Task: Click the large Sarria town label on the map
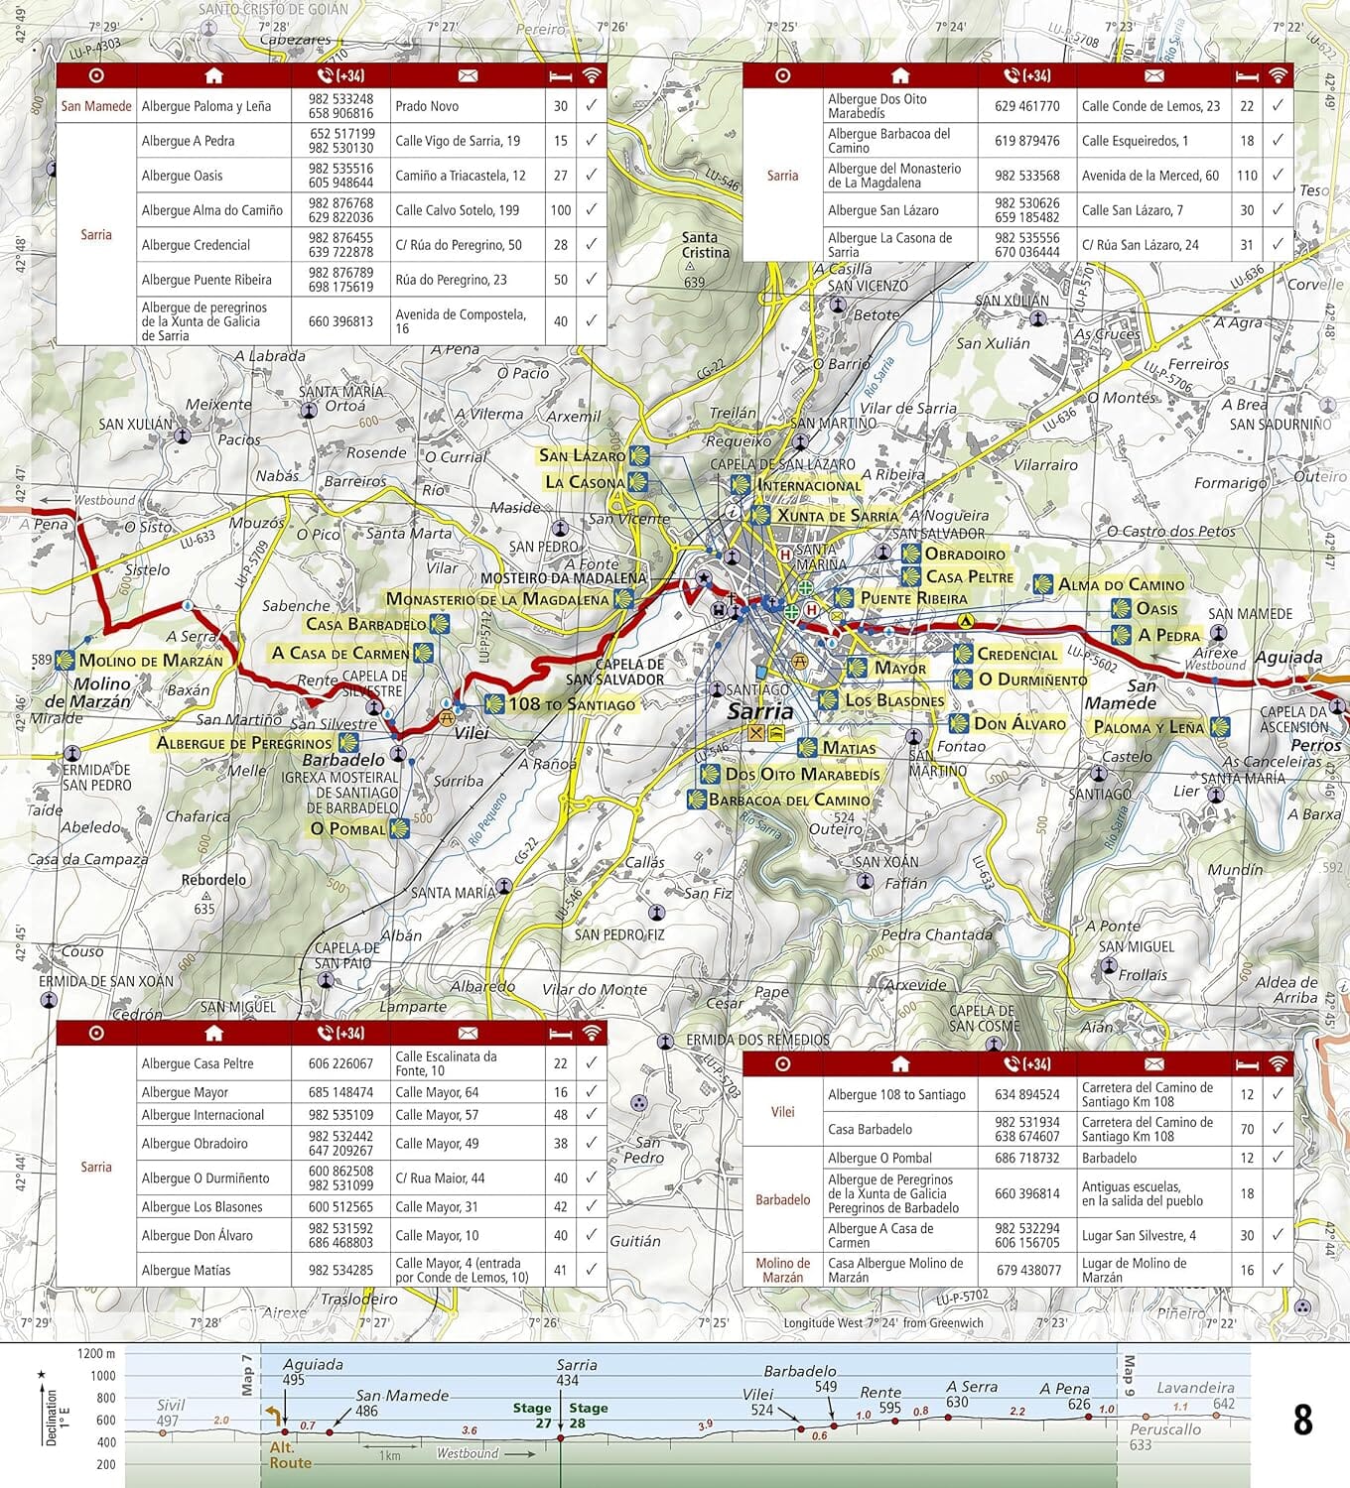click(760, 711)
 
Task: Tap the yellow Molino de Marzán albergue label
click(150, 661)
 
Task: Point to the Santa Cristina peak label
click(705, 245)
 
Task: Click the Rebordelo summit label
click(213, 880)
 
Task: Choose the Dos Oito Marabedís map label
click(802, 774)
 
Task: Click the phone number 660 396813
click(340, 321)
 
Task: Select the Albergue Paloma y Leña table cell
click(205, 106)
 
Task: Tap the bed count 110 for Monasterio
click(1247, 176)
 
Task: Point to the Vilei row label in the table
click(782, 1112)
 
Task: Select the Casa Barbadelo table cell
click(870, 1129)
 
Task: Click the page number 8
click(1302, 1421)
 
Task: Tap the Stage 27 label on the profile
click(532, 1415)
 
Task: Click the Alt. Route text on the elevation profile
click(290, 1455)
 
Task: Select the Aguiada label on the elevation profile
click(313, 1365)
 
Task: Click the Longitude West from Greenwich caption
click(883, 1322)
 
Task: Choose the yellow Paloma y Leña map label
click(1147, 727)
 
